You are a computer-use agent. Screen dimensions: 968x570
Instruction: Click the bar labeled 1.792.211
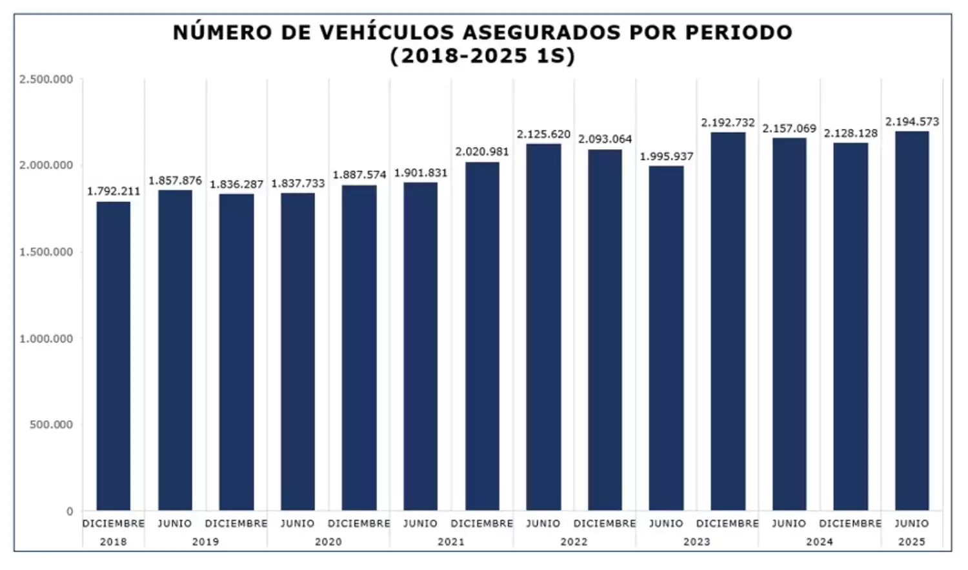click(113, 356)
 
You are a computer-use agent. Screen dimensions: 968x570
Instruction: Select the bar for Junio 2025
click(912, 321)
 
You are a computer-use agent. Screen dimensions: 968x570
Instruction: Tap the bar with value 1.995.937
click(666, 338)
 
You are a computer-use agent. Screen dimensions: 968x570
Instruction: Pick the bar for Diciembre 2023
click(728, 321)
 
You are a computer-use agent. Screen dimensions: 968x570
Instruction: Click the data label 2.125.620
click(543, 134)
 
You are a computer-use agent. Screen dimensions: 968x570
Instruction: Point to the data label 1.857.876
click(175, 181)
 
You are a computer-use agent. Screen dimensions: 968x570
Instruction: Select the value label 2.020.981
click(482, 152)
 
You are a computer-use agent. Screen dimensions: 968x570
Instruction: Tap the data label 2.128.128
click(851, 134)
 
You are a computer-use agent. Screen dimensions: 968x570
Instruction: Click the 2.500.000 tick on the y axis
click(46, 79)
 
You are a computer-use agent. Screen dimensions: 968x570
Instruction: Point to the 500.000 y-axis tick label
click(51, 425)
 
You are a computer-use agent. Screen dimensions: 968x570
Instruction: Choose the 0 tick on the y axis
click(70, 512)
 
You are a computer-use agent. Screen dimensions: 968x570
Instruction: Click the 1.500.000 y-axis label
click(46, 252)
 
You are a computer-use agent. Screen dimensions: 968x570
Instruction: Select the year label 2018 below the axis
click(113, 542)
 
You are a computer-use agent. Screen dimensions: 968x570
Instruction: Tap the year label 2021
click(451, 542)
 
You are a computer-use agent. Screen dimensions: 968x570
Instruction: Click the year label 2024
click(820, 542)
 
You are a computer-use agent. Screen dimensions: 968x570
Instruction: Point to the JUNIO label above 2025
click(912, 524)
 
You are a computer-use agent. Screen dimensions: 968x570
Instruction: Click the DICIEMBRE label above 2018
click(113, 524)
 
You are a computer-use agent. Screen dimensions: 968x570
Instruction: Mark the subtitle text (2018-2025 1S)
click(482, 56)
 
